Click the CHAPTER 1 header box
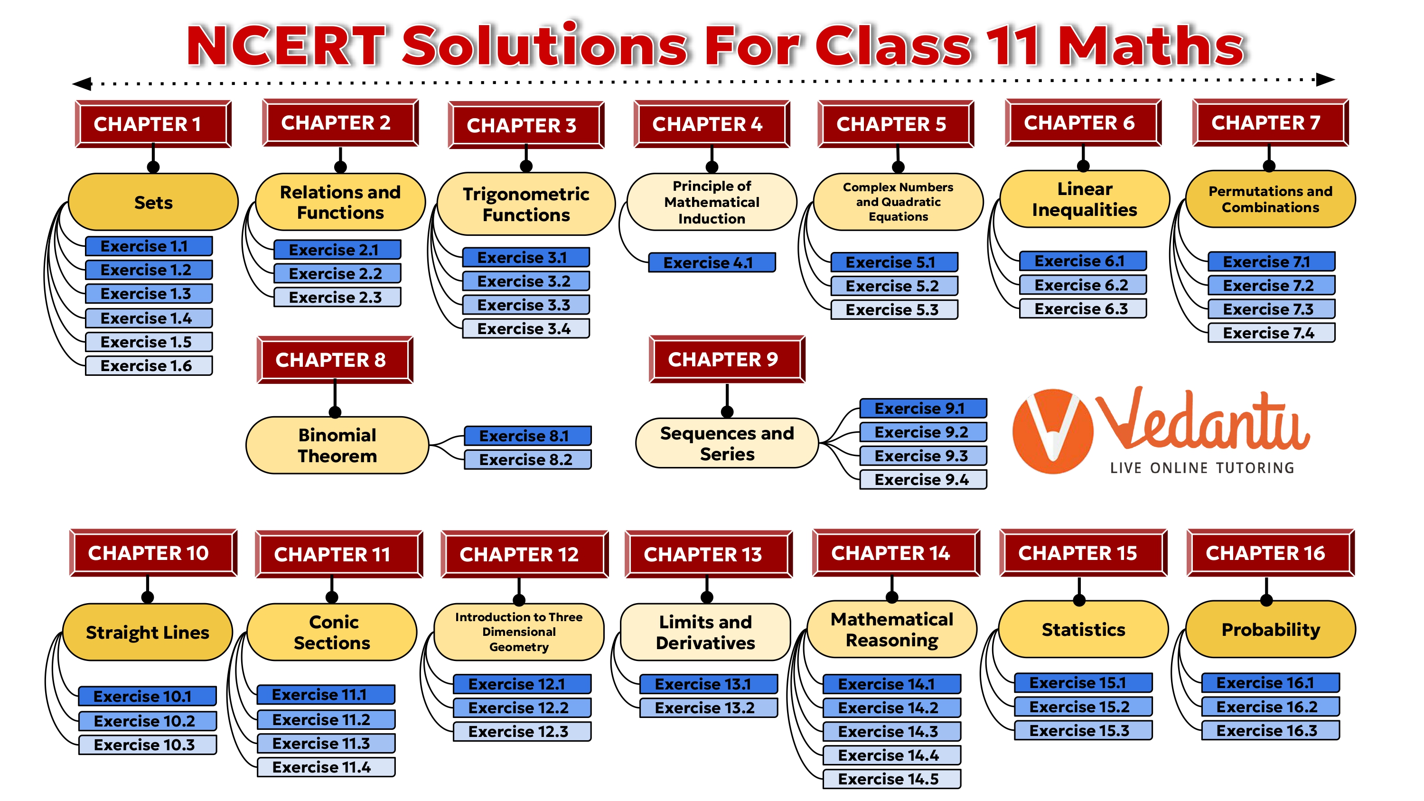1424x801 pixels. pyautogui.click(x=152, y=124)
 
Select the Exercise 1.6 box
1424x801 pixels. pyautogui.click(x=148, y=365)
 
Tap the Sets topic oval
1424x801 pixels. pyautogui.click(x=153, y=202)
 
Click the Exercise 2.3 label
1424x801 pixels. pyautogui.click(x=337, y=298)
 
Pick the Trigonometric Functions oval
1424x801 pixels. pyautogui.click(x=526, y=204)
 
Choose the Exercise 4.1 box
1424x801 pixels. pyautogui.click(x=711, y=262)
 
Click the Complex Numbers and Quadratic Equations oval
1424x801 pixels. pyautogui.click(x=898, y=202)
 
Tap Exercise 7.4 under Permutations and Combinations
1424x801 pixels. pyautogui.click(x=1271, y=333)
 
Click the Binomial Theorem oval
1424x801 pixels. pyautogui.click(x=337, y=446)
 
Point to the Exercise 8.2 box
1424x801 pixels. pyautogui.click(x=527, y=459)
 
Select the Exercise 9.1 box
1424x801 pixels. pyautogui.click(x=923, y=409)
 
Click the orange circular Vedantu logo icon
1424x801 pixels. pyautogui.click(x=1052, y=431)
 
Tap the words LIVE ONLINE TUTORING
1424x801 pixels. pyautogui.click(x=1202, y=468)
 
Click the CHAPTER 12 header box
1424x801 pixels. pyautogui.click(x=524, y=554)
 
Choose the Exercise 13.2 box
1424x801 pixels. pyautogui.click(x=708, y=708)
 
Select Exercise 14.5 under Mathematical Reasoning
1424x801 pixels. pyautogui.click(x=891, y=779)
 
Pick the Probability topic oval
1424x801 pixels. pyautogui.click(x=1270, y=630)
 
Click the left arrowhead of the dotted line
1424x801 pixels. pyautogui.click(x=83, y=84)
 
